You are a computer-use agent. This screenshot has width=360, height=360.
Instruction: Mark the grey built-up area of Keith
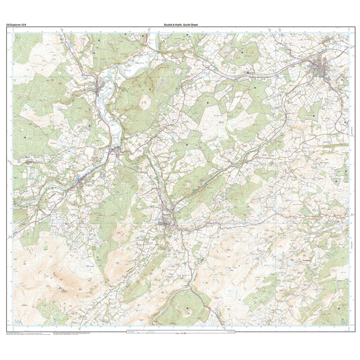(321, 69)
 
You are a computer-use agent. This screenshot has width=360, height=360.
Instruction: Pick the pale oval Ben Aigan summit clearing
(146, 102)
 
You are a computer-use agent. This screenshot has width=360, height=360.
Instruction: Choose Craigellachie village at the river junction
(115, 151)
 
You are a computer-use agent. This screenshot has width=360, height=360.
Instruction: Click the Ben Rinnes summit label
(62, 290)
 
